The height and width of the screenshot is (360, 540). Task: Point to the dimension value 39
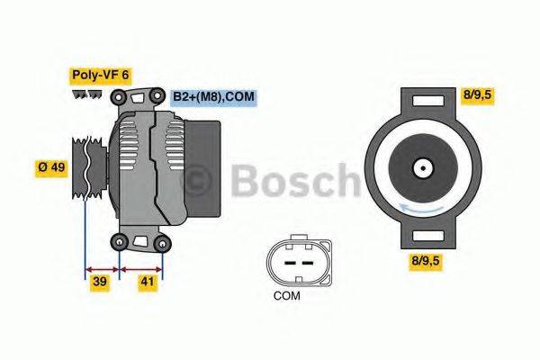(x=102, y=283)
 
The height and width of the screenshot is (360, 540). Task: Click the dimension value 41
(x=147, y=283)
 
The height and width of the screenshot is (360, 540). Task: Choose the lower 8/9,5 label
(x=427, y=260)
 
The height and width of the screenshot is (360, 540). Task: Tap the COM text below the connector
(x=288, y=295)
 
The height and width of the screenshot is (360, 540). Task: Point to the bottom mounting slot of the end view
(x=421, y=236)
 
